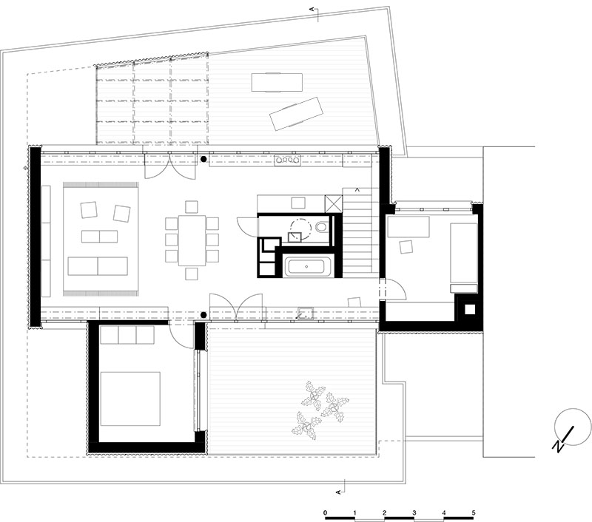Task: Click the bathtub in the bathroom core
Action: point(306,266)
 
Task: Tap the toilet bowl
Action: point(322,227)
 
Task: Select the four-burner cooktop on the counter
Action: point(288,160)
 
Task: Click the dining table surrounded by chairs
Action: point(192,240)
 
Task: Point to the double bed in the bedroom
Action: point(130,399)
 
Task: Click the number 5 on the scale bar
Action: point(474,512)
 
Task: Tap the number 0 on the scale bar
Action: point(325,512)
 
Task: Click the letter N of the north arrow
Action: point(558,446)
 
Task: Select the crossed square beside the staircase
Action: point(334,204)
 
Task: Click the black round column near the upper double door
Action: point(203,160)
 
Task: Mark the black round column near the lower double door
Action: point(203,314)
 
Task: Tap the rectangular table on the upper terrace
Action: point(277,82)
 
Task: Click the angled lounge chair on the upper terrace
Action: point(297,114)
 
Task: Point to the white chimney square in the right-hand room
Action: point(470,309)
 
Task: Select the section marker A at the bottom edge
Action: point(339,492)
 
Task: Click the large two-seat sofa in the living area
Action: point(98,266)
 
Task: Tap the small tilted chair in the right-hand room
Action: point(406,247)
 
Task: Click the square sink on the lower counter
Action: point(305,313)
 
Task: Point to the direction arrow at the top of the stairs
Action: point(357,190)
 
